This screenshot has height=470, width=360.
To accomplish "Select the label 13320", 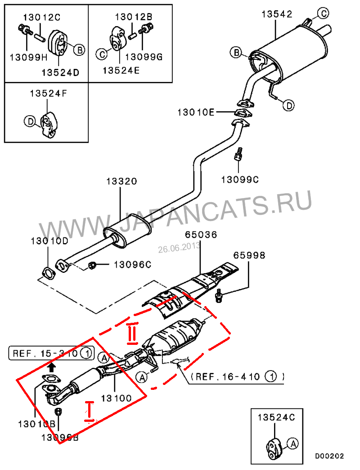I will click(x=121, y=181).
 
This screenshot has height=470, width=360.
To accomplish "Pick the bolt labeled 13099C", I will click(x=238, y=156).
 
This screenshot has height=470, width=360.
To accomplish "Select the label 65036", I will click(x=201, y=235).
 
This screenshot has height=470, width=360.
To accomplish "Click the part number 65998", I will click(x=249, y=255).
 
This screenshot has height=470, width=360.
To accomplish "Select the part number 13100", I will click(x=116, y=398).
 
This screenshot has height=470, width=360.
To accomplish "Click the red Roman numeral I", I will click(x=90, y=411).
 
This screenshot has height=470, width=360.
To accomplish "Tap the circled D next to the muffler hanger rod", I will click(x=288, y=105).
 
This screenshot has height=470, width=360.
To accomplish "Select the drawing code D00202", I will click(x=329, y=456).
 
